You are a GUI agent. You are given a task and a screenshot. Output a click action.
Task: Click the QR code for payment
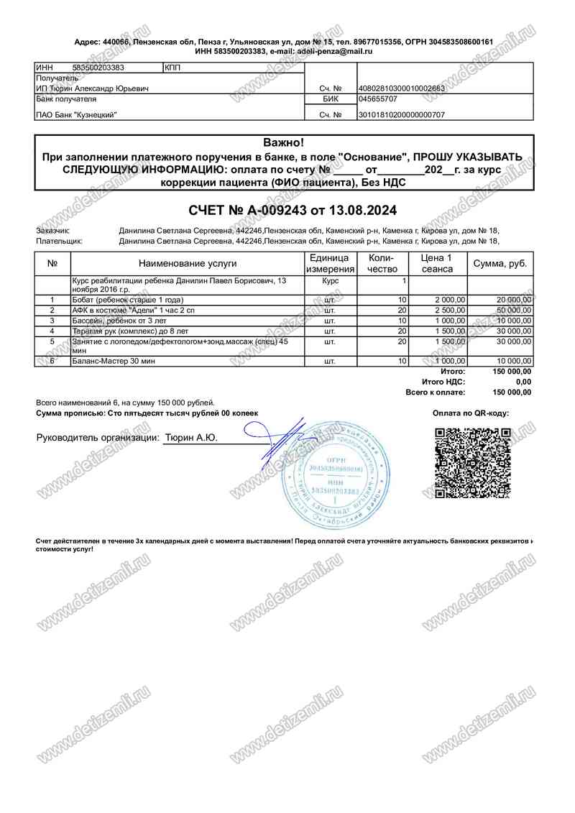click(474, 463)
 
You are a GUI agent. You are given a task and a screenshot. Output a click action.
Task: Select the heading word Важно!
click(284, 142)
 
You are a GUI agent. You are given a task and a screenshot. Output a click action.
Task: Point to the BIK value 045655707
click(378, 99)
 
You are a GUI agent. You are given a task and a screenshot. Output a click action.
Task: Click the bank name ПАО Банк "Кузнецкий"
click(76, 115)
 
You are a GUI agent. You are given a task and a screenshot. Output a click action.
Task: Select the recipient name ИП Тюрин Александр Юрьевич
click(93, 88)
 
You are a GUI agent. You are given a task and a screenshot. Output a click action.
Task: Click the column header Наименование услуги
click(188, 264)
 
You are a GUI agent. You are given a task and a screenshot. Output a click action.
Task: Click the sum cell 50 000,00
click(513, 310)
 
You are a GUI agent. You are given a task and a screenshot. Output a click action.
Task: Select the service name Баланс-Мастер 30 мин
click(114, 361)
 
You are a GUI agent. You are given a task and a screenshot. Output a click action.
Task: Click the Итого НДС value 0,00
click(523, 382)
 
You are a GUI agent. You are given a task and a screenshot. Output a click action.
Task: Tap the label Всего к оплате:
click(436, 392)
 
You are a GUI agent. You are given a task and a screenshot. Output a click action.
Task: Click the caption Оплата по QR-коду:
click(471, 413)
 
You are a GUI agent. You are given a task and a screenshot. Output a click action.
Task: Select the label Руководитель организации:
click(97, 437)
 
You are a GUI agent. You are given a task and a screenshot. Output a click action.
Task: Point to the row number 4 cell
click(52, 330)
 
